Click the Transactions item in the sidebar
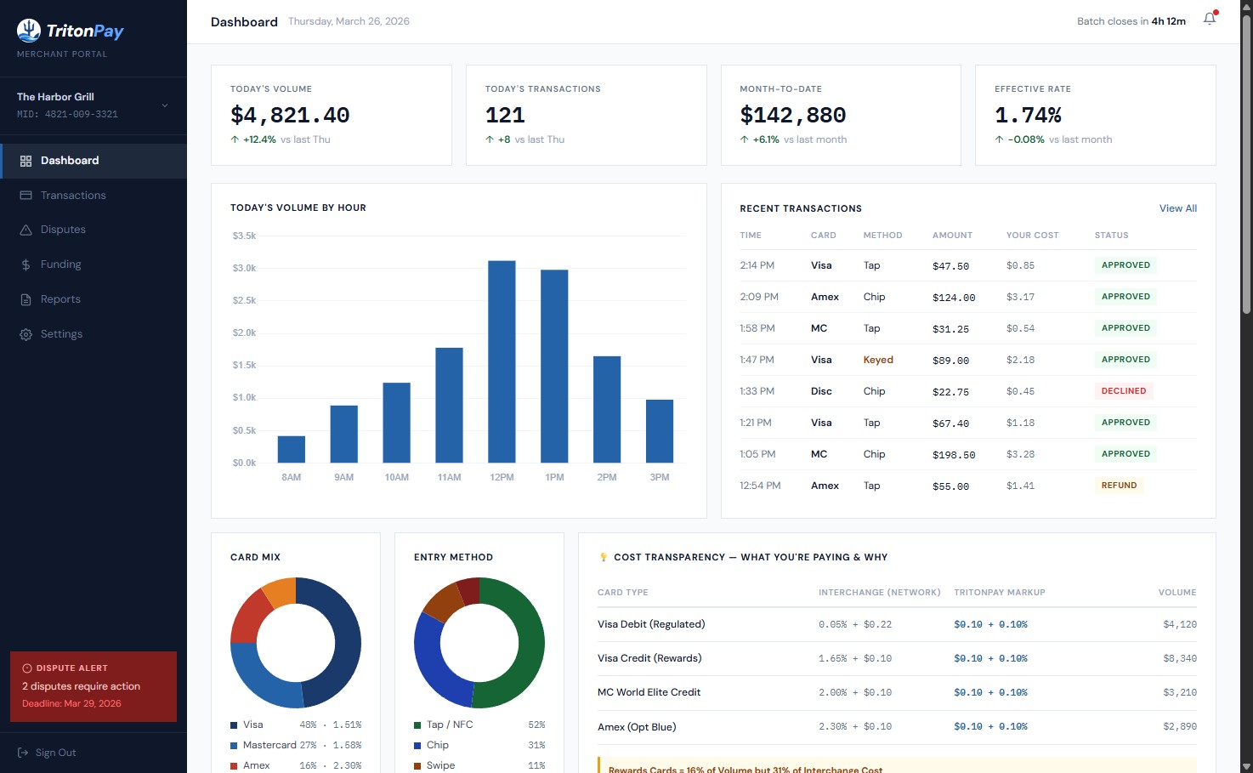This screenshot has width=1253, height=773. (73, 196)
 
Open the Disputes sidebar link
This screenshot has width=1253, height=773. (63, 230)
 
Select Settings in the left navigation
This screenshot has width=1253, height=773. (61, 334)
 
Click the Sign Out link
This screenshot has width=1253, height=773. (55, 753)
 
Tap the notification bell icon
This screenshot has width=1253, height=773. (1209, 20)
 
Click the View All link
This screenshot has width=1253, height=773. (1177, 208)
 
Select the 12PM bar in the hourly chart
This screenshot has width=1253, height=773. (502, 361)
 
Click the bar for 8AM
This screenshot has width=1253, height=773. (292, 449)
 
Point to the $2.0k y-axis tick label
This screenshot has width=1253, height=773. (244, 333)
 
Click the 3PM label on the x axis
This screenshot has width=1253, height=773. (660, 477)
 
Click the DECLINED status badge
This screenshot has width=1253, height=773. (1123, 391)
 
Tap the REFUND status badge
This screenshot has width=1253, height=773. (1119, 486)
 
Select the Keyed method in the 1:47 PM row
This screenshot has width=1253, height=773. (878, 360)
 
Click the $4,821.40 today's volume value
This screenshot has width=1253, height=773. (290, 115)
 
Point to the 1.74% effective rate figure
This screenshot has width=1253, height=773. (1028, 115)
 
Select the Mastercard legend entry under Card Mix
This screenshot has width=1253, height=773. (269, 745)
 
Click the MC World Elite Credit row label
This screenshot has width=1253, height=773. (649, 692)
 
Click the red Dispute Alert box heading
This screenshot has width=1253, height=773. (71, 668)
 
